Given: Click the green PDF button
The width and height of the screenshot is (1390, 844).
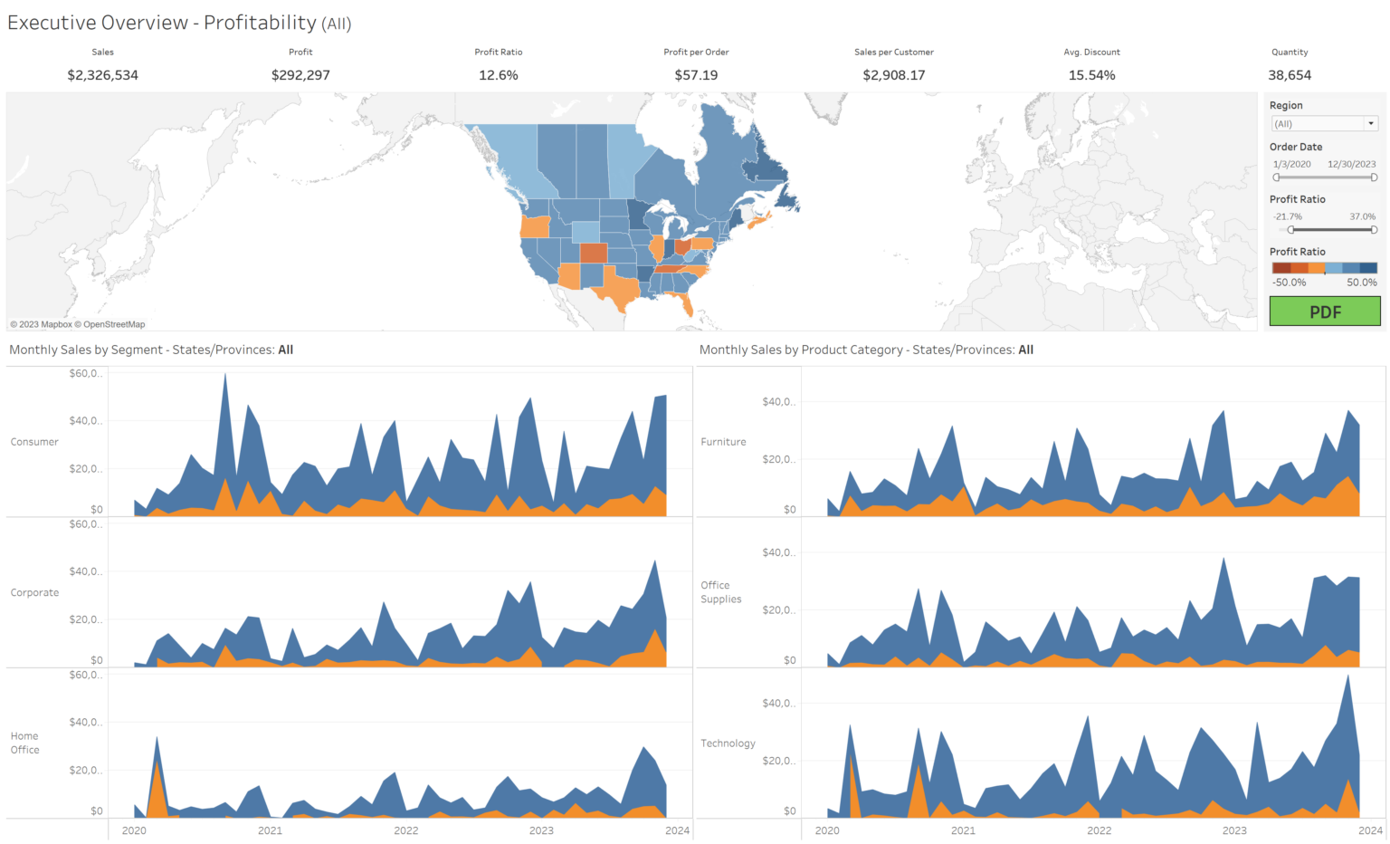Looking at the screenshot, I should pyautogui.click(x=1324, y=312).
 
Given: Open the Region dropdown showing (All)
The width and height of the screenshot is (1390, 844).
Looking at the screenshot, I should pyautogui.click(x=1324, y=124).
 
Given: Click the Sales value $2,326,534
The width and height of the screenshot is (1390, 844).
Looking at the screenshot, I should pyautogui.click(x=102, y=75).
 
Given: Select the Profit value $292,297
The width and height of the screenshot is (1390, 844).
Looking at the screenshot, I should pyautogui.click(x=300, y=75).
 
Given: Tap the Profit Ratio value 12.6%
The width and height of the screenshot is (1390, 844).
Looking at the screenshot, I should pyautogui.click(x=498, y=75).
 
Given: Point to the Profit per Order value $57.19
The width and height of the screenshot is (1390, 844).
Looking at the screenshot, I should pyautogui.click(x=696, y=75).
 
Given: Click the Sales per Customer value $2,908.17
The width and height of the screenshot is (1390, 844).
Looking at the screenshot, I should pyautogui.click(x=893, y=75).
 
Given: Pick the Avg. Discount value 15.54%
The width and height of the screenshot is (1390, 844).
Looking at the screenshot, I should pyautogui.click(x=1091, y=75).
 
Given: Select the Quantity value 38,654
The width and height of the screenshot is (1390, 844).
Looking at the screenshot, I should pyautogui.click(x=1289, y=75).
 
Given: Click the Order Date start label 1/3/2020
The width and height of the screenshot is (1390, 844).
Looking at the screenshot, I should pyautogui.click(x=1291, y=165).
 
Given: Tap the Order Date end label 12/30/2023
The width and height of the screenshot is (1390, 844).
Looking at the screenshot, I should pyautogui.click(x=1351, y=165).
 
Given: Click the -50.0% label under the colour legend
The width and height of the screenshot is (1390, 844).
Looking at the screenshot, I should pyautogui.click(x=1289, y=283).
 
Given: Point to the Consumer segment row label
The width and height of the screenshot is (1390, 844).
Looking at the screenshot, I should pyautogui.click(x=34, y=442).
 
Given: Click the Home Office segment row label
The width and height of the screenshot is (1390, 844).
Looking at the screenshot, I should pyautogui.click(x=25, y=743).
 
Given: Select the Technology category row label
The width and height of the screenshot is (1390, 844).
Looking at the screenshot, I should pyautogui.click(x=728, y=743).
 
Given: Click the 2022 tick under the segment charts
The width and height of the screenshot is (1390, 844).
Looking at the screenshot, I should pyautogui.click(x=405, y=830).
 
